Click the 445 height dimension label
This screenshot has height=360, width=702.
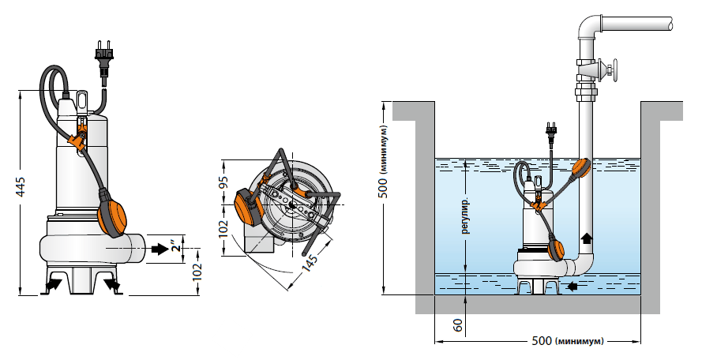tap(21, 187)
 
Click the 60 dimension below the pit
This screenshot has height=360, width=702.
tap(457, 325)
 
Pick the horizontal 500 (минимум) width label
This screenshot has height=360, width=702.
tap(568, 341)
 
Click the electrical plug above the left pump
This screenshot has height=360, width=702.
tap(103, 58)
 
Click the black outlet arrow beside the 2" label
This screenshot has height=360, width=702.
tap(160, 249)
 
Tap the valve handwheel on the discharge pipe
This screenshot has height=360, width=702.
tap(612, 71)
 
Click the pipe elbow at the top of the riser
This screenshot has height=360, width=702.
tap(591, 27)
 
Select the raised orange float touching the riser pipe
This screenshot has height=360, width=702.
tap(581, 169)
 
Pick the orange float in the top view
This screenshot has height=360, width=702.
tap(247, 206)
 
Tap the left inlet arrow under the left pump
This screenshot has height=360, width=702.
tap(53, 285)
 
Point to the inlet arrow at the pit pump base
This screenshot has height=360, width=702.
tap(572, 287)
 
